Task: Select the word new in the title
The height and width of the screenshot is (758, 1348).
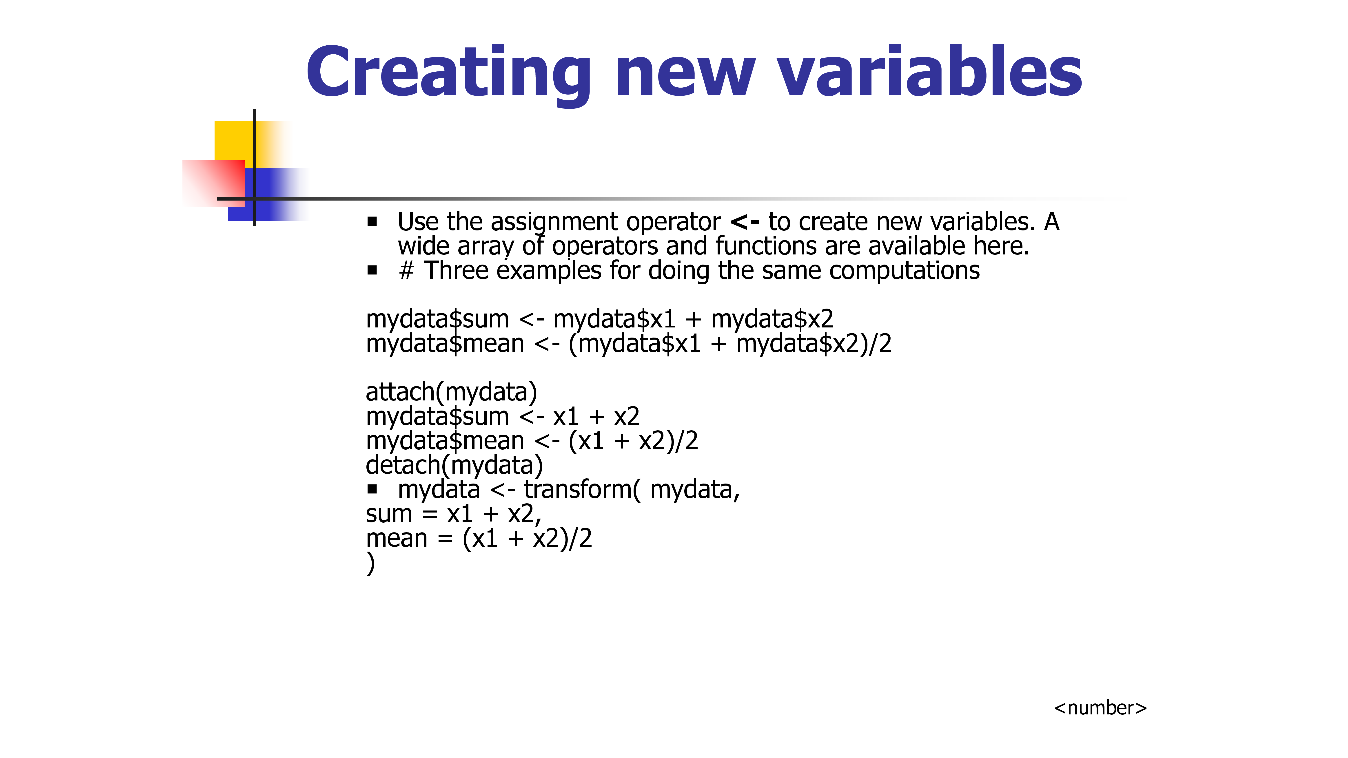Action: click(685, 77)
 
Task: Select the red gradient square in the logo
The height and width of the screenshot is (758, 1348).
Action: click(213, 183)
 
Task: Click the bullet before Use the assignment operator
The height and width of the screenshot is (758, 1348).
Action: click(372, 222)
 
